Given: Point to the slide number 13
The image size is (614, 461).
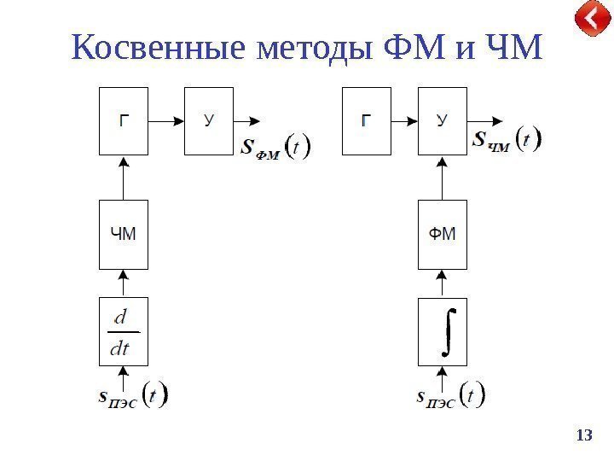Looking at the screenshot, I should [584, 436].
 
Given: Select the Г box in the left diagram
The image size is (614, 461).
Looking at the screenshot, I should [125, 120].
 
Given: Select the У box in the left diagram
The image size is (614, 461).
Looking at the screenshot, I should [209, 120].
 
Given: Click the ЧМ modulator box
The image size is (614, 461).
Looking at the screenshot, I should [125, 234].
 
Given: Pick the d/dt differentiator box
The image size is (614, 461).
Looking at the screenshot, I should [125, 330].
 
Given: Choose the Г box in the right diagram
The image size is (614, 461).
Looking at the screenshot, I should [366, 120].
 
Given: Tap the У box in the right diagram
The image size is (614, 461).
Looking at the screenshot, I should [443, 120].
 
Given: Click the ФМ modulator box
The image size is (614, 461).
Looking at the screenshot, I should [443, 234].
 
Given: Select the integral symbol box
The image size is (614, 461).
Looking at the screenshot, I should [443, 330].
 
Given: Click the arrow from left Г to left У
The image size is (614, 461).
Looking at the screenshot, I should [167, 121].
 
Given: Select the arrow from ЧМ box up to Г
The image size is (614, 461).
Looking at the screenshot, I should [125, 178].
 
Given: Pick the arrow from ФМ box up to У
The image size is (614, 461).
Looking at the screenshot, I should [443, 178].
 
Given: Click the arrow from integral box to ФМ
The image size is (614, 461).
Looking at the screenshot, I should [443, 283].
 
